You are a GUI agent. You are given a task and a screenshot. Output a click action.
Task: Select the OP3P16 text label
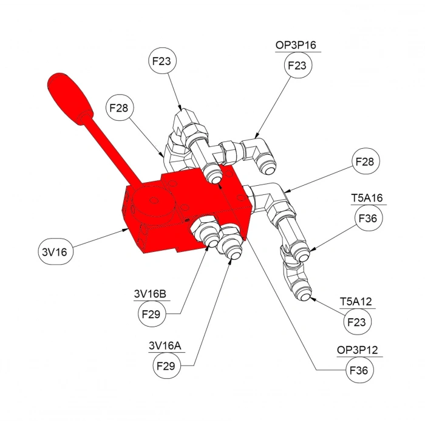click(296, 46)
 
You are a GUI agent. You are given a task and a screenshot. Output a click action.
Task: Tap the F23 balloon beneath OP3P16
click(297, 65)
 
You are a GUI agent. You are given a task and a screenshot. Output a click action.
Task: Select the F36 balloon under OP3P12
click(361, 370)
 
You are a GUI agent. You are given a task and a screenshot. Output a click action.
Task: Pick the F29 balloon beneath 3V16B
click(150, 314)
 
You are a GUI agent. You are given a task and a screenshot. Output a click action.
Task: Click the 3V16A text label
click(165, 346)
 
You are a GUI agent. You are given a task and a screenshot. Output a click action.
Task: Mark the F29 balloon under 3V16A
click(166, 366)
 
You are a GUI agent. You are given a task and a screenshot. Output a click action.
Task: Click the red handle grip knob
click(70, 97)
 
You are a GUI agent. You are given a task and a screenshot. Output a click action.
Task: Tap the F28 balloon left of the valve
click(120, 109)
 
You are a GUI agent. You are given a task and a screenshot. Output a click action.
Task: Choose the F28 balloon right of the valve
click(367, 162)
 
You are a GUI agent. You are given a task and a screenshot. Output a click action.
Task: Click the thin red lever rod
click(116, 152)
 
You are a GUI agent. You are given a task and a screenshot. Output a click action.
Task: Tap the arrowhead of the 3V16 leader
click(126, 229)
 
